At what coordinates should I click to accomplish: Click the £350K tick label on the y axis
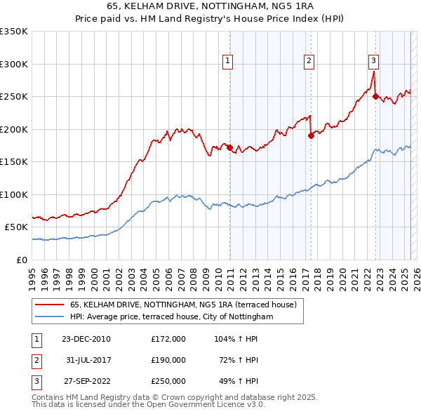point(14,32)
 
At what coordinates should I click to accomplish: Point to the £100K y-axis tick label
point(14,194)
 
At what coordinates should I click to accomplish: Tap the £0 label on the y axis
point(21,260)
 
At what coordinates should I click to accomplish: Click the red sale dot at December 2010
point(230,147)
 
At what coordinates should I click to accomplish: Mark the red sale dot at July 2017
point(311,136)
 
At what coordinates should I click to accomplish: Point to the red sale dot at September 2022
point(375,97)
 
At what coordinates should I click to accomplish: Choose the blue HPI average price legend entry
point(180,317)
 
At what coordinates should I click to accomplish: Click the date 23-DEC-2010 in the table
point(86,338)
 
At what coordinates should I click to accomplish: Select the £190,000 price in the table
point(168,360)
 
